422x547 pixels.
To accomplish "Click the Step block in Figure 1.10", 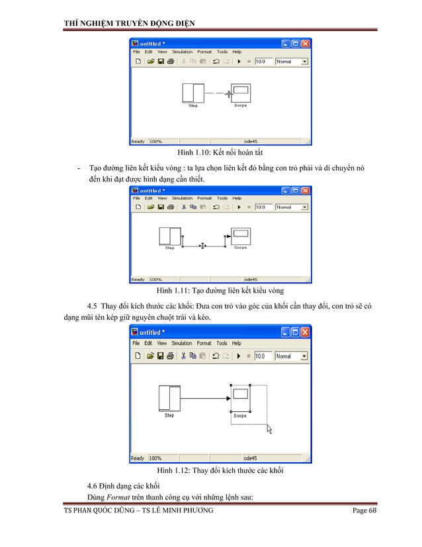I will click(x=193, y=92).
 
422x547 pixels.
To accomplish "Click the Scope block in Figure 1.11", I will click(x=239, y=236).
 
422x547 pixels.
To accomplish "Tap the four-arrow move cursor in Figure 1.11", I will click(x=202, y=245).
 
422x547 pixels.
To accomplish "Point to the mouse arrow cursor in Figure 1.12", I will click(x=269, y=429).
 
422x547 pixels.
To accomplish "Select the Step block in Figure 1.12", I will click(x=169, y=398).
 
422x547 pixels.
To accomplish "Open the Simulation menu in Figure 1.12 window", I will click(x=182, y=343).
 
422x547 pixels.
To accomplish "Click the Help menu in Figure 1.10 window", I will click(x=237, y=52).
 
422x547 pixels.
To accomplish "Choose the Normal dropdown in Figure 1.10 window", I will click(x=292, y=61).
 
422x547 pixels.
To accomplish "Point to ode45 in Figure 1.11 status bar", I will click(x=251, y=279).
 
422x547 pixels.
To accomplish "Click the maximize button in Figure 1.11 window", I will click(x=296, y=190).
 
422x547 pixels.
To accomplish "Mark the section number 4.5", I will click(x=93, y=306).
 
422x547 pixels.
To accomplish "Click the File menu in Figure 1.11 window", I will click(x=136, y=198).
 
